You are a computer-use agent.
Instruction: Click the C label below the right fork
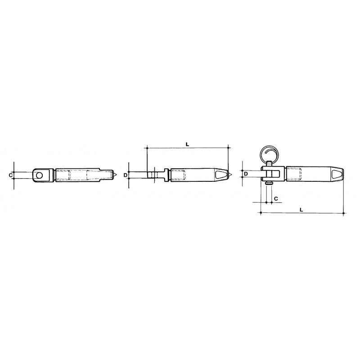[x=275, y=198]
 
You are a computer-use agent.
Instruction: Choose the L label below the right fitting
[x=301, y=209]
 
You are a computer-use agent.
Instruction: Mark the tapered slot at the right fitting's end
[x=337, y=173]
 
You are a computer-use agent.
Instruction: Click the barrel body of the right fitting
[x=310, y=173]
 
